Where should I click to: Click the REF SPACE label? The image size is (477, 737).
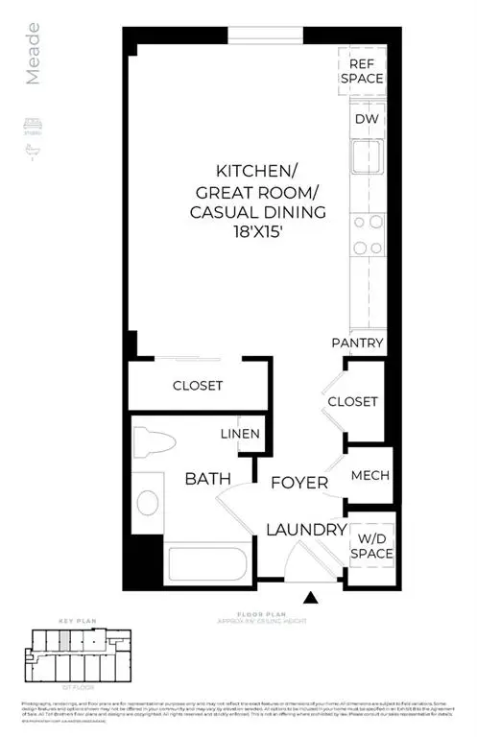point(367,70)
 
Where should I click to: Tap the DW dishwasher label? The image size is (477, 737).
point(366,119)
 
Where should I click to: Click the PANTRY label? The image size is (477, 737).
point(358,343)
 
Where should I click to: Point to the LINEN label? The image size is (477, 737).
point(241,434)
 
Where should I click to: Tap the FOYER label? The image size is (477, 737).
point(298,483)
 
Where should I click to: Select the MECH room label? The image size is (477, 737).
point(369,475)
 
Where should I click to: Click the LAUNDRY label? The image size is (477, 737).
point(306,530)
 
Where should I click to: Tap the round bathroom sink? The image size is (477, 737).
point(147,502)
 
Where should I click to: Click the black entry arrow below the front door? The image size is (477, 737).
point(311,599)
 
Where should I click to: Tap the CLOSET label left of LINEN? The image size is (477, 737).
point(198,386)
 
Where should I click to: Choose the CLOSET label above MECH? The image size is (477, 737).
point(352,402)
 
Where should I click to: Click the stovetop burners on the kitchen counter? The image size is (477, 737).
point(366,234)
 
